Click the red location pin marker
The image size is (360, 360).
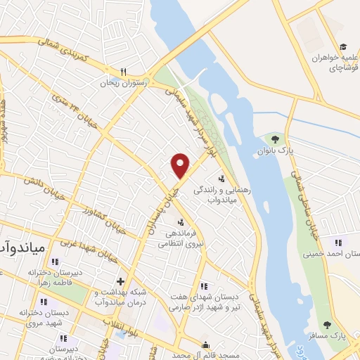tap(181, 165)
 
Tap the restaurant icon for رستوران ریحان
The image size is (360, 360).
tap(123, 72)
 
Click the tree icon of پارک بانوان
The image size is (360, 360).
tap(275, 140)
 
